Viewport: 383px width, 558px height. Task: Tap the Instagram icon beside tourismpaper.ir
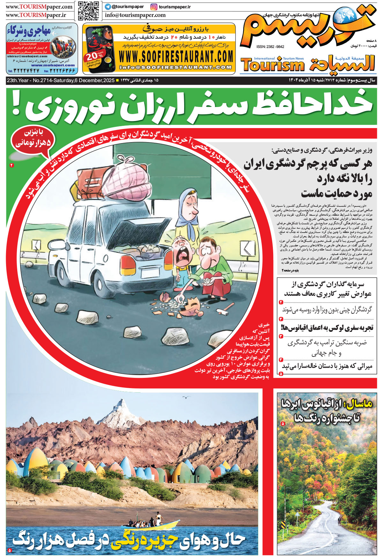tap(154, 7)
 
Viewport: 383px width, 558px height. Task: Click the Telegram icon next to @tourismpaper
tap(108, 7)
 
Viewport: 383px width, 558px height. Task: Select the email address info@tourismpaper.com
tap(135, 15)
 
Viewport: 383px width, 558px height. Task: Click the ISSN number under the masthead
tap(270, 47)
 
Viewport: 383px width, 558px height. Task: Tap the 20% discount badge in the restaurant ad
tap(95, 57)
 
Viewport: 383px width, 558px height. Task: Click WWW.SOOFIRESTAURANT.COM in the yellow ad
tap(176, 57)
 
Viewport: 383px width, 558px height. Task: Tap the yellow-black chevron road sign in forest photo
tap(283, 525)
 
